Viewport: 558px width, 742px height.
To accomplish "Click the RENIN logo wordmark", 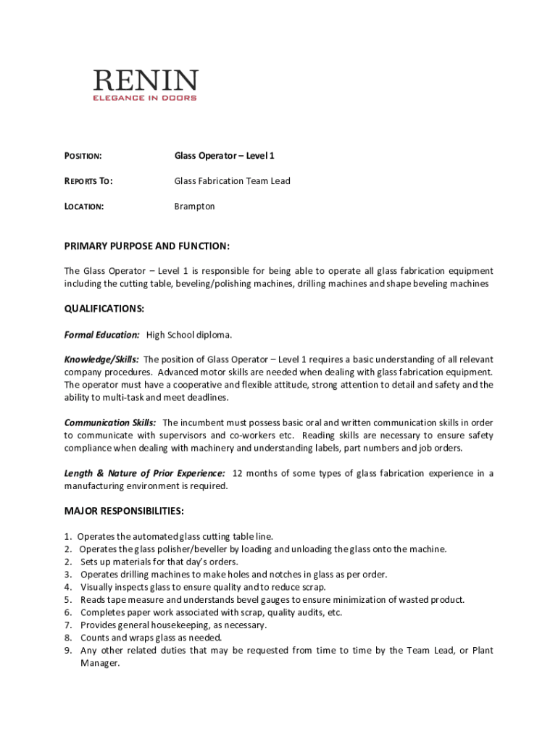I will [x=145, y=80].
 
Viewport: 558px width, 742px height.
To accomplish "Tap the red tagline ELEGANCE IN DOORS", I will [x=145, y=98].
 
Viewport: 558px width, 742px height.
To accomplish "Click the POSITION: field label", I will [x=83, y=156].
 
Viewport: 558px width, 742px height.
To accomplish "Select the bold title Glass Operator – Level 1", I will [x=224, y=156].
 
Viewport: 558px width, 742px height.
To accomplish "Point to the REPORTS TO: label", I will [x=88, y=181].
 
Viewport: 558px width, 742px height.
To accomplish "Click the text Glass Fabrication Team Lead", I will [x=232, y=181].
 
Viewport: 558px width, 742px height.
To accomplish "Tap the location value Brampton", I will [x=194, y=207].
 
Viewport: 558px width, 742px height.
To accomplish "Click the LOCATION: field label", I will [x=84, y=207].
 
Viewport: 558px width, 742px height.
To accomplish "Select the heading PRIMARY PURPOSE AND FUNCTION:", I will [x=147, y=246].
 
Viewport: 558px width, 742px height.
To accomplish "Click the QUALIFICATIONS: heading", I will [x=104, y=309].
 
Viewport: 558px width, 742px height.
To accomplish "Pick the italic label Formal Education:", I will [x=101, y=335].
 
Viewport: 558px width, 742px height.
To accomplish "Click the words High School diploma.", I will [x=189, y=335].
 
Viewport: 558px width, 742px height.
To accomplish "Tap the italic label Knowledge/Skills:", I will [x=101, y=359].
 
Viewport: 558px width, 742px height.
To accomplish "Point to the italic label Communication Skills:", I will [x=110, y=422].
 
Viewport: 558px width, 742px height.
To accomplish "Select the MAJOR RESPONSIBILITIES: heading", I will [x=124, y=511].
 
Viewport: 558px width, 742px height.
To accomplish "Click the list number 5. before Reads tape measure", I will [x=67, y=600].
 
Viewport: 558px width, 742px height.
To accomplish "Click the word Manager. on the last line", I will [x=99, y=663].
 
